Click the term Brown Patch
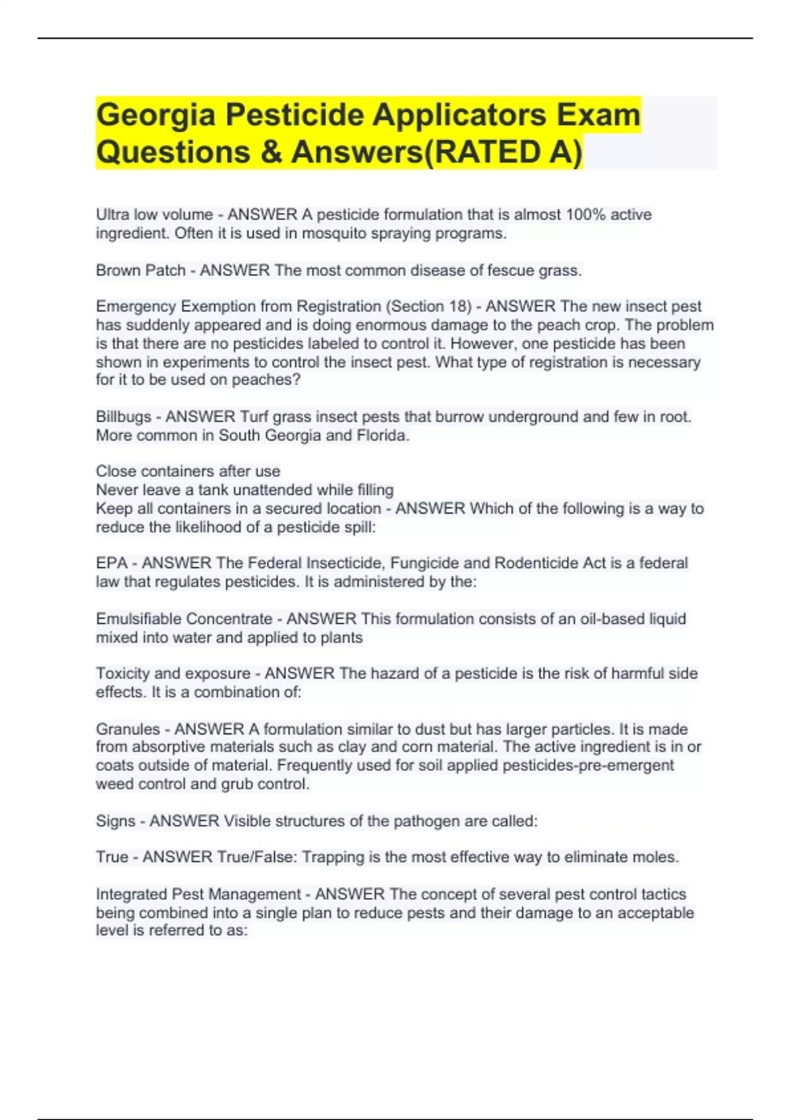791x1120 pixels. (x=140, y=270)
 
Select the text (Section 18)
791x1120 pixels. (x=429, y=306)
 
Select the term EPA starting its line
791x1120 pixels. (x=111, y=563)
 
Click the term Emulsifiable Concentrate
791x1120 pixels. (x=184, y=619)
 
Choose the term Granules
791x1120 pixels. (x=128, y=729)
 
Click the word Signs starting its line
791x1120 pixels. (x=115, y=821)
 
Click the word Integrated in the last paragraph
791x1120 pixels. (x=131, y=894)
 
